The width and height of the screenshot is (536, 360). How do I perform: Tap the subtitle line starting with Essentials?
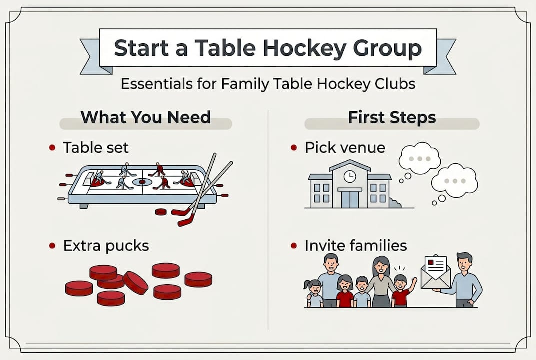coord(268,84)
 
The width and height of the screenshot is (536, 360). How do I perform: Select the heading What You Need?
coord(145,117)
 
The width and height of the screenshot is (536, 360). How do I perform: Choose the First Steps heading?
coord(392,117)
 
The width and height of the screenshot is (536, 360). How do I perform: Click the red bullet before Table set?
coord(52,148)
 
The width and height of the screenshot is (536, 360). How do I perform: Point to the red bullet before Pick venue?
coord(294,148)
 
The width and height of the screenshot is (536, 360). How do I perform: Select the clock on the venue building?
coord(350,176)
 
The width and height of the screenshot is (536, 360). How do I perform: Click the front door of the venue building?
coord(350,198)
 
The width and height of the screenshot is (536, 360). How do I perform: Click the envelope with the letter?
coord(435,273)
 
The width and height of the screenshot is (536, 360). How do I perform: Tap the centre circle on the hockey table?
coord(142,182)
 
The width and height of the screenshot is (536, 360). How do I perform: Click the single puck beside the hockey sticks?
coord(161,212)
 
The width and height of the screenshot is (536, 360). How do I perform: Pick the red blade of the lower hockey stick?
coord(185,220)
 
